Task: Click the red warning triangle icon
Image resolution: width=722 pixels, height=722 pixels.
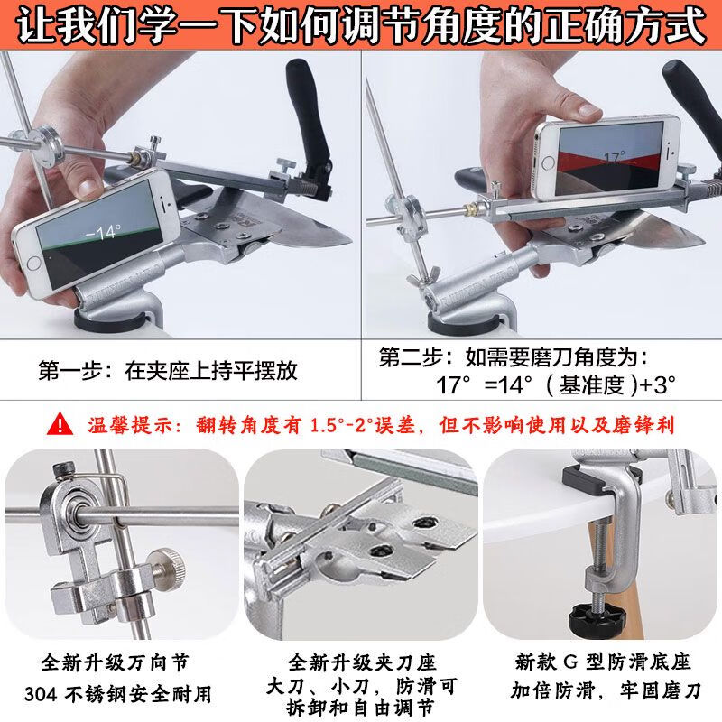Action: tap(60, 423)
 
